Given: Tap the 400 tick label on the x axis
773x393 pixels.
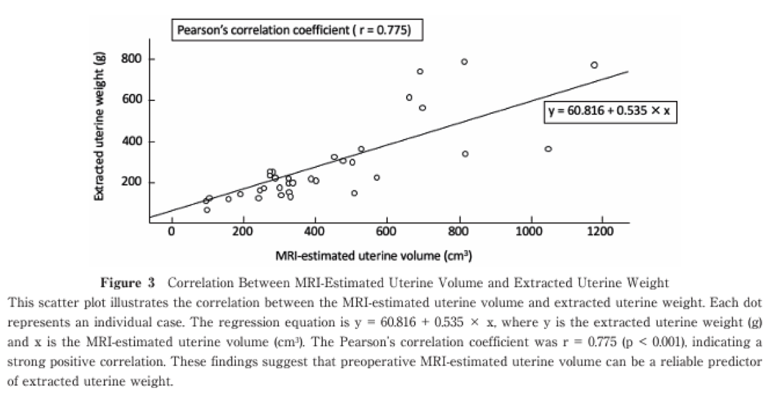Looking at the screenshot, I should tap(314, 232).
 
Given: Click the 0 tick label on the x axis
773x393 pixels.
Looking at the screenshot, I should tap(171, 232).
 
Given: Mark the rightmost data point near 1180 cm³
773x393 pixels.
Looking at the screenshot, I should tap(594, 65).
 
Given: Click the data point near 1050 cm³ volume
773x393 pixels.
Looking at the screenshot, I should tap(548, 149).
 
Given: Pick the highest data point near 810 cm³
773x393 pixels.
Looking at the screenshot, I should tap(464, 62).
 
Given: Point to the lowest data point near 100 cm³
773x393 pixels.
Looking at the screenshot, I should tap(207, 210).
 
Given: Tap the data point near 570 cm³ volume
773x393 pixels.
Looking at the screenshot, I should tap(376, 178).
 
